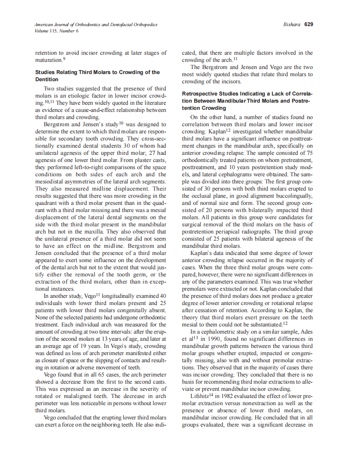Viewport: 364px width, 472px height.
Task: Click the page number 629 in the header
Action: point(309,24)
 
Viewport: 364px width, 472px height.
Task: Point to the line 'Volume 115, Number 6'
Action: point(57,31)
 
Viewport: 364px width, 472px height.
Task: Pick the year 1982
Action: point(225,396)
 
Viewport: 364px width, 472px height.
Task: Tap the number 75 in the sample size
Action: point(309,160)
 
